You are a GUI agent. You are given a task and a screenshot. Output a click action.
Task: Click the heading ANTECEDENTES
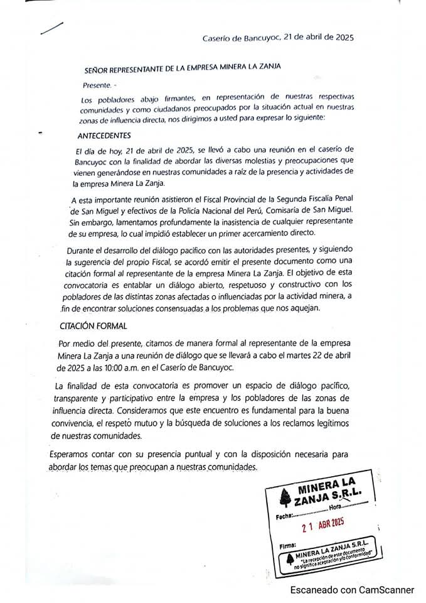104,136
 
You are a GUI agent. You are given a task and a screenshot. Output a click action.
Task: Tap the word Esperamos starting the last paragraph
72,454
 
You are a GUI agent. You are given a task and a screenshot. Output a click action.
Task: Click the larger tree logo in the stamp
285,496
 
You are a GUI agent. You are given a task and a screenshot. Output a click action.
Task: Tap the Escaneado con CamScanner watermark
352,590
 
